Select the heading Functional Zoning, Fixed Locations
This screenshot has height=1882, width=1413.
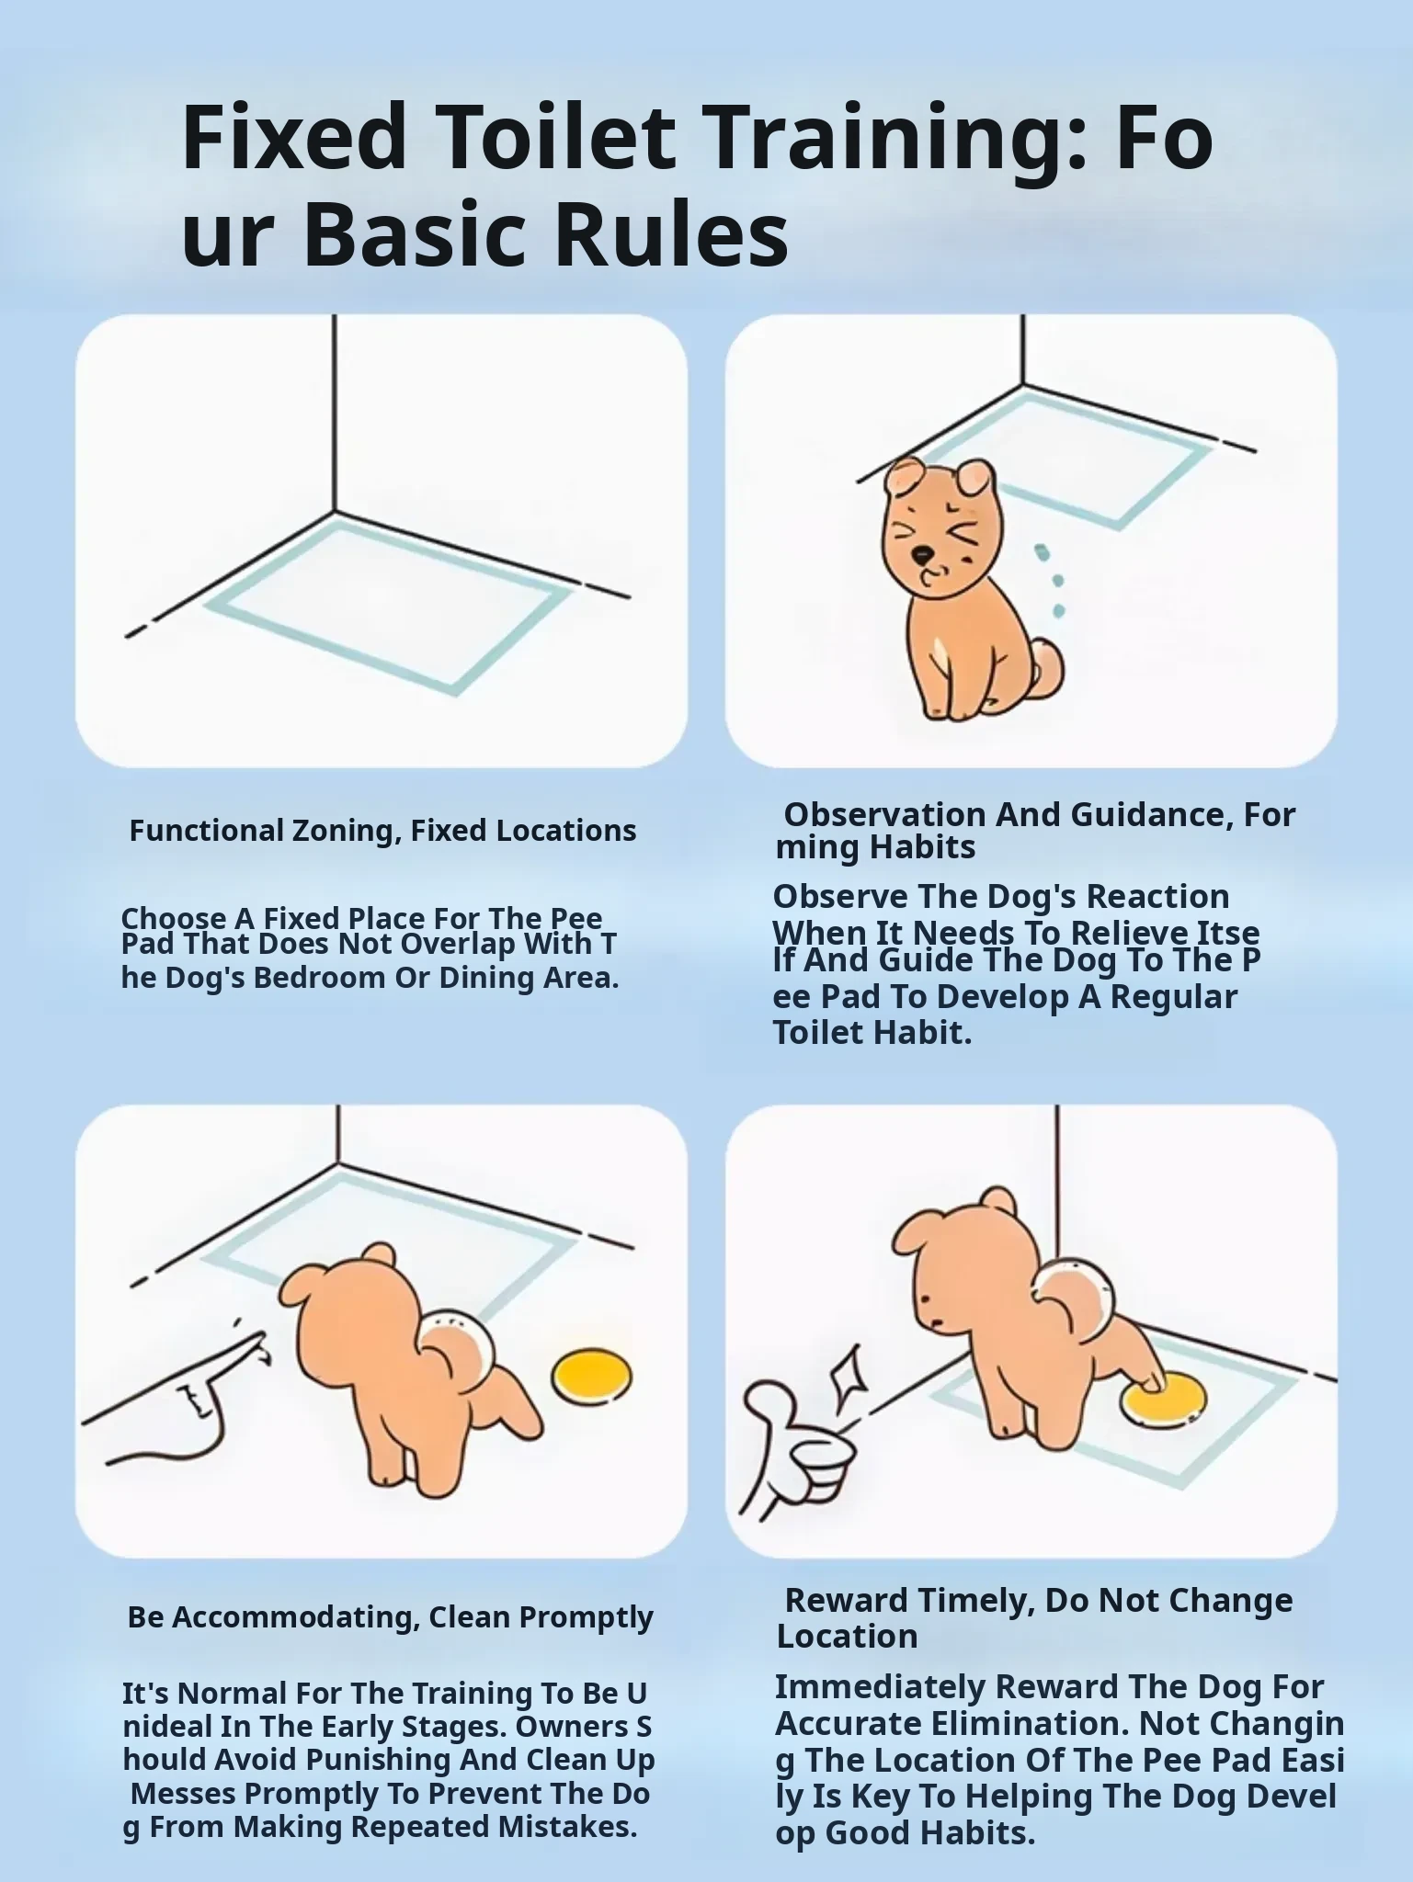pyautogui.click(x=382, y=831)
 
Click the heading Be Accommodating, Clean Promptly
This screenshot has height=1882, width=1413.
pyautogui.click(x=390, y=1616)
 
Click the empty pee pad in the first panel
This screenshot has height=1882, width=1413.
pyautogui.click(x=388, y=603)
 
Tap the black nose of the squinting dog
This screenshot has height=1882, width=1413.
pyautogui.click(x=920, y=554)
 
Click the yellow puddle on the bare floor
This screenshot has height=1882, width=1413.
pyautogui.click(x=592, y=1376)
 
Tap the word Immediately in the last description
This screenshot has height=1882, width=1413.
pyautogui.click(x=880, y=1687)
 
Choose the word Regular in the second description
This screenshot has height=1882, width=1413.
pyautogui.click(x=1174, y=996)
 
